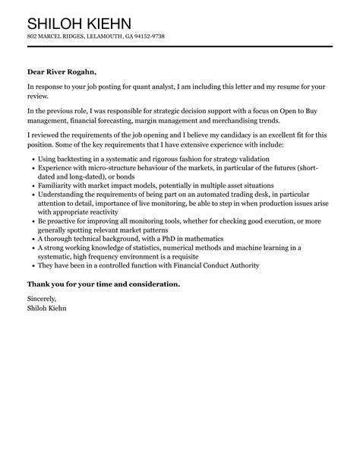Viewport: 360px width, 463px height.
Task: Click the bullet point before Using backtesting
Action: pyautogui.click(x=31, y=158)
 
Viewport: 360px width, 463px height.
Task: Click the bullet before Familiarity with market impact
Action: pyautogui.click(x=31, y=186)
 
